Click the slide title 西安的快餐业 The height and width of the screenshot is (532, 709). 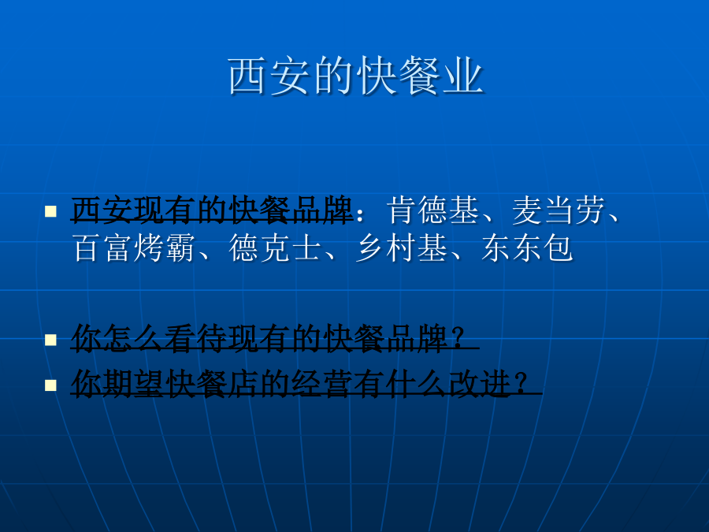point(356,76)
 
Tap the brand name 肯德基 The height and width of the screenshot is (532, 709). point(432,210)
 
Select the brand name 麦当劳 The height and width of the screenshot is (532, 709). point(559,210)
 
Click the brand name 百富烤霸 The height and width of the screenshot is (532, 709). point(134,247)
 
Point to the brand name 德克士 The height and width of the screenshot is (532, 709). point(274,247)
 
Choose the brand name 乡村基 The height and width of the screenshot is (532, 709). point(401,247)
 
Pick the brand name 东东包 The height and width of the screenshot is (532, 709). point(527,247)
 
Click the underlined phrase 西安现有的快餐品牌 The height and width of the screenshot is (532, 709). point(212,210)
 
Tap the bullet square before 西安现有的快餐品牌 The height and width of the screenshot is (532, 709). point(50,211)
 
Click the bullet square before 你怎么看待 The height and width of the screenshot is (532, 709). point(50,340)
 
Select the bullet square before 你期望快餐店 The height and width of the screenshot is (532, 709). point(50,385)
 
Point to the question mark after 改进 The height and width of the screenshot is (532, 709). point(522,384)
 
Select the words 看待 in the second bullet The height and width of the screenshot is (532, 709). point(196,338)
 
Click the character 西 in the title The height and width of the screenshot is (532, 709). point(247,76)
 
